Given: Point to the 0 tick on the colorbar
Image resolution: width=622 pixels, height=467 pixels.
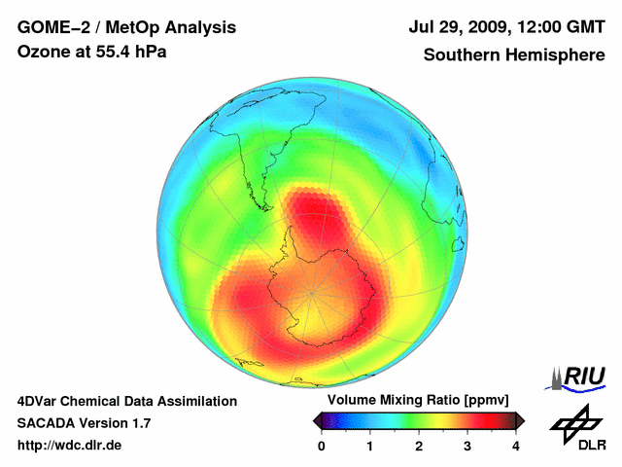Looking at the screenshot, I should point(322,446).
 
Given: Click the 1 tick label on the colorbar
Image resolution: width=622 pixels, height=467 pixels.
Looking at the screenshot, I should point(370,446).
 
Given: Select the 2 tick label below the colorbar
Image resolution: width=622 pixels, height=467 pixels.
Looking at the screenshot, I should point(419,446).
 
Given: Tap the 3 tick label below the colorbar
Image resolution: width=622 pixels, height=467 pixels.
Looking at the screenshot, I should point(467,446).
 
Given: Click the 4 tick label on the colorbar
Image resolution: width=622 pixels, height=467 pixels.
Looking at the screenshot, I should point(516,446).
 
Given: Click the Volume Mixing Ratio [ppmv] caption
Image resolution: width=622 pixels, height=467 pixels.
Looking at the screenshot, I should point(419,400).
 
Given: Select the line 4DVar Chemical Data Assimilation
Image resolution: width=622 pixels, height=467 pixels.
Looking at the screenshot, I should point(126,401).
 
